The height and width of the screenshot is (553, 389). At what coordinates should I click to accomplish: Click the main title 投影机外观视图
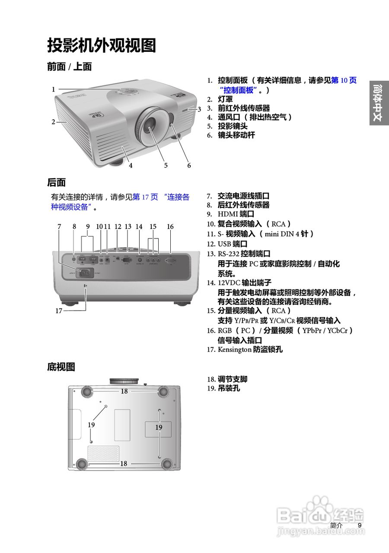(x=101, y=45)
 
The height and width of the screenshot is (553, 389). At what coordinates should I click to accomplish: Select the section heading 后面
(x=56, y=182)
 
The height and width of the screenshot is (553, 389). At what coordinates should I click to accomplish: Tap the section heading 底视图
(x=61, y=367)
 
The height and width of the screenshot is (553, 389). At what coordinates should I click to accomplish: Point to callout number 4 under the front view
(x=130, y=165)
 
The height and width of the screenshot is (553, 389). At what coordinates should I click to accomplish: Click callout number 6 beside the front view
(x=189, y=165)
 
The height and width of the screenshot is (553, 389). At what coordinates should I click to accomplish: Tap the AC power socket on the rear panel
(x=85, y=272)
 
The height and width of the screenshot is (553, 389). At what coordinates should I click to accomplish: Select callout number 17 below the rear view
(x=59, y=310)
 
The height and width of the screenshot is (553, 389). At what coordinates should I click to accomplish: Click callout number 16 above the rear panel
(x=170, y=226)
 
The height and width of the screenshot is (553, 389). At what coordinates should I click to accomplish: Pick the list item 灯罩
(x=225, y=99)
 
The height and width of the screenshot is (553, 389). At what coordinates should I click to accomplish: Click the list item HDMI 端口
(x=236, y=214)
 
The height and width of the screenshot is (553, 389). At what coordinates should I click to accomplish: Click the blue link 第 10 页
(x=344, y=80)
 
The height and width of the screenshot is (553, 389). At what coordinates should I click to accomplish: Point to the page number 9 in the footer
(x=359, y=525)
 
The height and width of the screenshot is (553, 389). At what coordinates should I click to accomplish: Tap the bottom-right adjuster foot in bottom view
(x=166, y=464)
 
